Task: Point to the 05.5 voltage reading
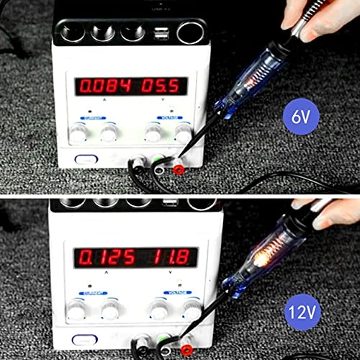pos(161,87)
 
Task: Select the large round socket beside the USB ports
pos(190,32)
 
